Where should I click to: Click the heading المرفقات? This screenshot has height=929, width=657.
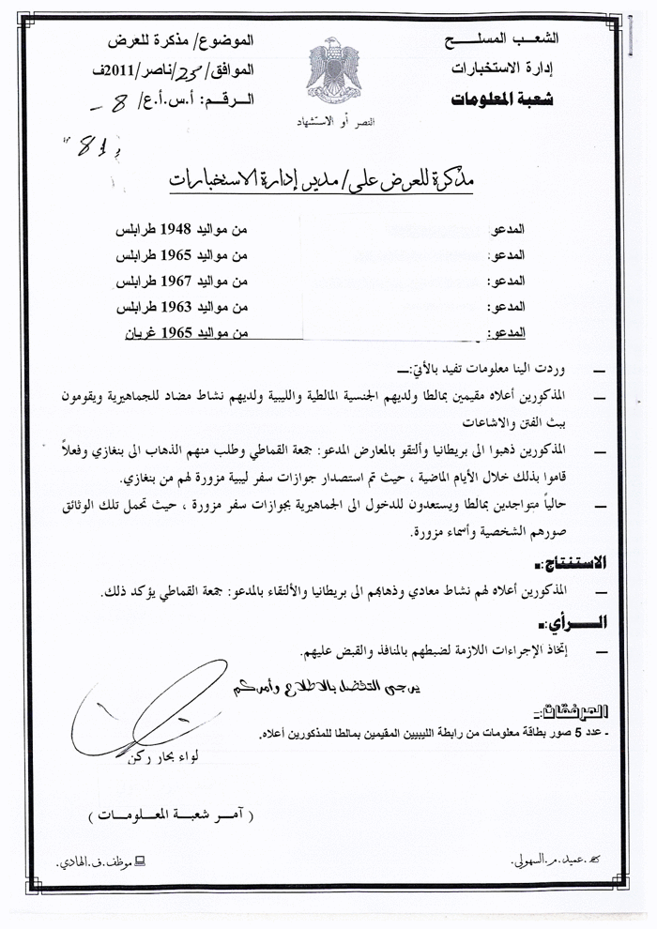pyautogui.click(x=575, y=712)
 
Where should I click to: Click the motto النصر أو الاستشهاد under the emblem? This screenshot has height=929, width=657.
pyautogui.click(x=329, y=124)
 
